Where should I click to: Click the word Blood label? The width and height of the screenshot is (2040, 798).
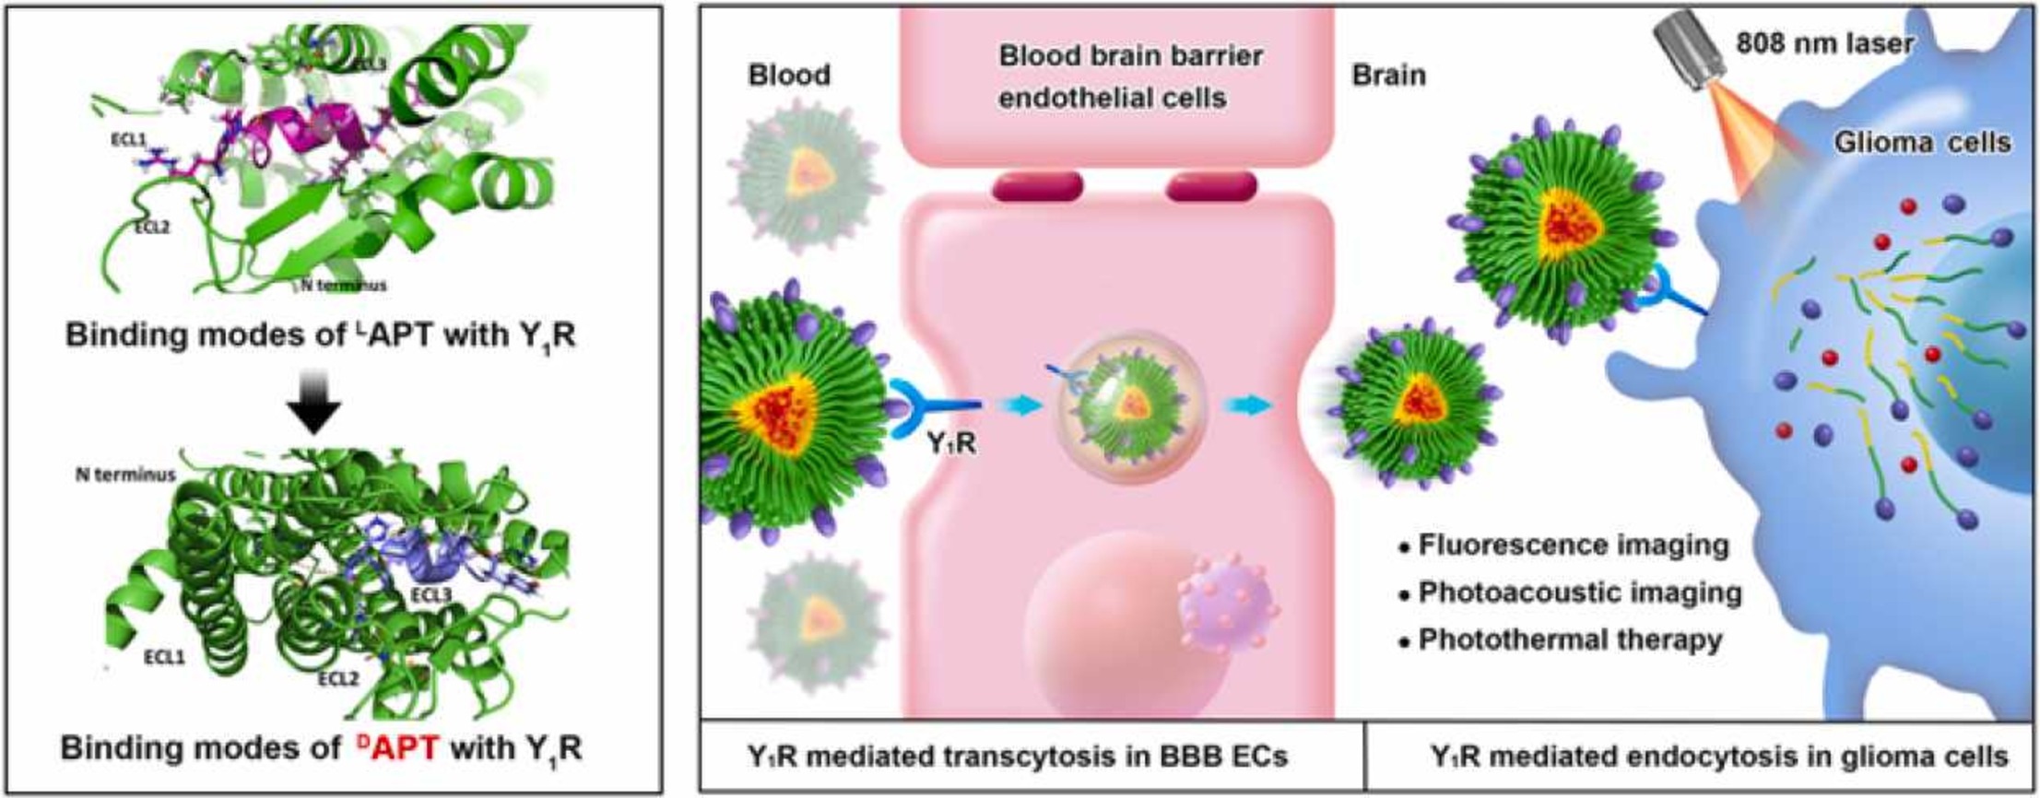pyautogui.click(x=789, y=74)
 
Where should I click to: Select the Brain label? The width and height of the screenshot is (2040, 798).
pyautogui.click(x=1388, y=74)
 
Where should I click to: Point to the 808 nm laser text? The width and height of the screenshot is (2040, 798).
pyautogui.click(x=1824, y=42)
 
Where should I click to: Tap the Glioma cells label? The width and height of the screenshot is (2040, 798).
pyautogui.click(x=1922, y=142)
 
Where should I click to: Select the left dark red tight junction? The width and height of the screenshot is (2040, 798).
pyautogui.click(x=1037, y=186)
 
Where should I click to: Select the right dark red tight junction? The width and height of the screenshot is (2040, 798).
pyautogui.click(x=1211, y=186)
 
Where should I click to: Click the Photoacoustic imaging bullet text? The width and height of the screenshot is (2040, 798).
pyautogui.click(x=1579, y=592)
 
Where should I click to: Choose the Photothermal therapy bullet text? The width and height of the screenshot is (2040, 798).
pyautogui.click(x=1569, y=639)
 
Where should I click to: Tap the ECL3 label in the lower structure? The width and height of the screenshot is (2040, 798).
pyautogui.click(x=431, y=595)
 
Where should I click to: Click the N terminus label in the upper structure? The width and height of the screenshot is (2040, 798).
pyautogui.click(x=344, y=285)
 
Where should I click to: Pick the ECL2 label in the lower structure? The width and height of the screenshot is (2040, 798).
pyautogui.click(x=338, y=678)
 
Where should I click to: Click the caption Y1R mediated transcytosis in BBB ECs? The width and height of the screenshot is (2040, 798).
pyautogui.click(x=1018, y=756)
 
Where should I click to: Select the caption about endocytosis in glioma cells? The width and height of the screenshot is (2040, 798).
pyautogui.click(x=1719, y=756)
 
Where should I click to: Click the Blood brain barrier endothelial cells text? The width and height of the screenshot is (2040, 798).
pyautogui.click(x=1130, y=76)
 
